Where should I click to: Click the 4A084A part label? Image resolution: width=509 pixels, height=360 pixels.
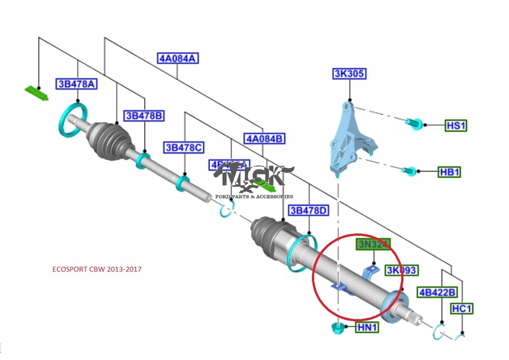click(178, 58)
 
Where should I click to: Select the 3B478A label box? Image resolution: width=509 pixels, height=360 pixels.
click(76, 84)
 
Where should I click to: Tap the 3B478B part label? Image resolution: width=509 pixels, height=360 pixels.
click(144, 116)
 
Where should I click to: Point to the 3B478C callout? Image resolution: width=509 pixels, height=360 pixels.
click(184, 148)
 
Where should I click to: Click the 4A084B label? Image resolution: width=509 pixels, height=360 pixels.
click(264, 138)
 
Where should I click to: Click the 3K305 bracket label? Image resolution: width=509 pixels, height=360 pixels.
click(349, 74)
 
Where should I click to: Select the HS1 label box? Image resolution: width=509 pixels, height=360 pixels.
click(456, 125)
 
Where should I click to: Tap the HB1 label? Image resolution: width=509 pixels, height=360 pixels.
click(449, 172)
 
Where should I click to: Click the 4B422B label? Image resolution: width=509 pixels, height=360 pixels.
click(437, 292)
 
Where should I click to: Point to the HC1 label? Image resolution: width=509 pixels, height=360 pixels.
click(462, 309)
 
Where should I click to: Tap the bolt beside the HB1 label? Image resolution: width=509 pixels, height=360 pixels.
click(409, 170)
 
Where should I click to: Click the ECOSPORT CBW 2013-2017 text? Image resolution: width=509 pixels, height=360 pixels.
click(97, 269)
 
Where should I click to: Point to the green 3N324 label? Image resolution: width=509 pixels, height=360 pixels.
click(373, 244)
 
